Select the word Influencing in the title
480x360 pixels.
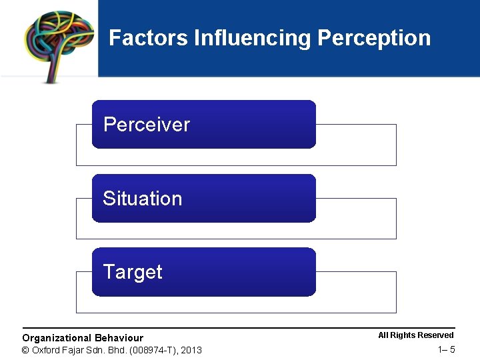[252, 38]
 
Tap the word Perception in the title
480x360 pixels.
[374, 38]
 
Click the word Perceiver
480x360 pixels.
[147, 125]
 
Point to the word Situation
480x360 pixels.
[142, 199]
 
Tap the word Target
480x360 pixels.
[133, 272]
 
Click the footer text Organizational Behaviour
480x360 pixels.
[83, 338]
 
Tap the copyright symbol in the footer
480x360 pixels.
[26, 351]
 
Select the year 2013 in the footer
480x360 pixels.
[191, 351]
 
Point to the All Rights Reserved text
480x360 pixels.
[415, 335]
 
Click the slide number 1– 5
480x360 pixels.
[447, 350]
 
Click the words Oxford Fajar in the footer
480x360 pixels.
[57, 351]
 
